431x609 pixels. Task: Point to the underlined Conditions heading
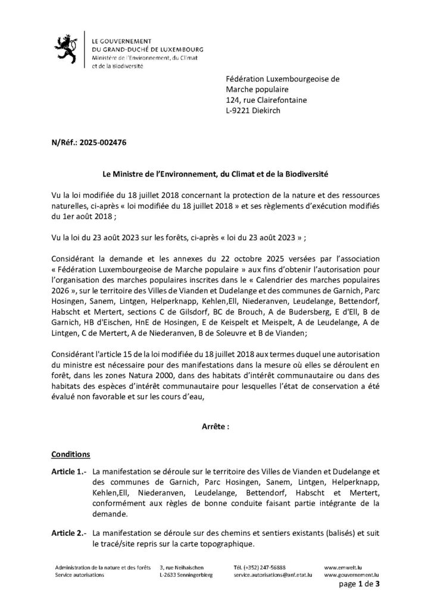click(71, 454)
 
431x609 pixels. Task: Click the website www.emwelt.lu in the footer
click(343, 568)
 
